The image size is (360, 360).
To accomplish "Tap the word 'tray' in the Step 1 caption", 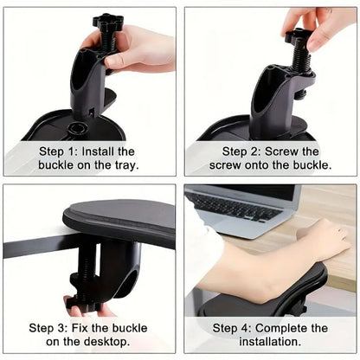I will (x=125, y=164).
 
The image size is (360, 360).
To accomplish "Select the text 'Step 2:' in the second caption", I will (x=235, y=151).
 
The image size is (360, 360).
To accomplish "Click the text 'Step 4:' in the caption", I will (x=235, y=328).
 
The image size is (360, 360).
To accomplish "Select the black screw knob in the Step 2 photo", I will (x=299, y=36).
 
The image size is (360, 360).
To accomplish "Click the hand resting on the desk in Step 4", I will (x=325, y=238).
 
